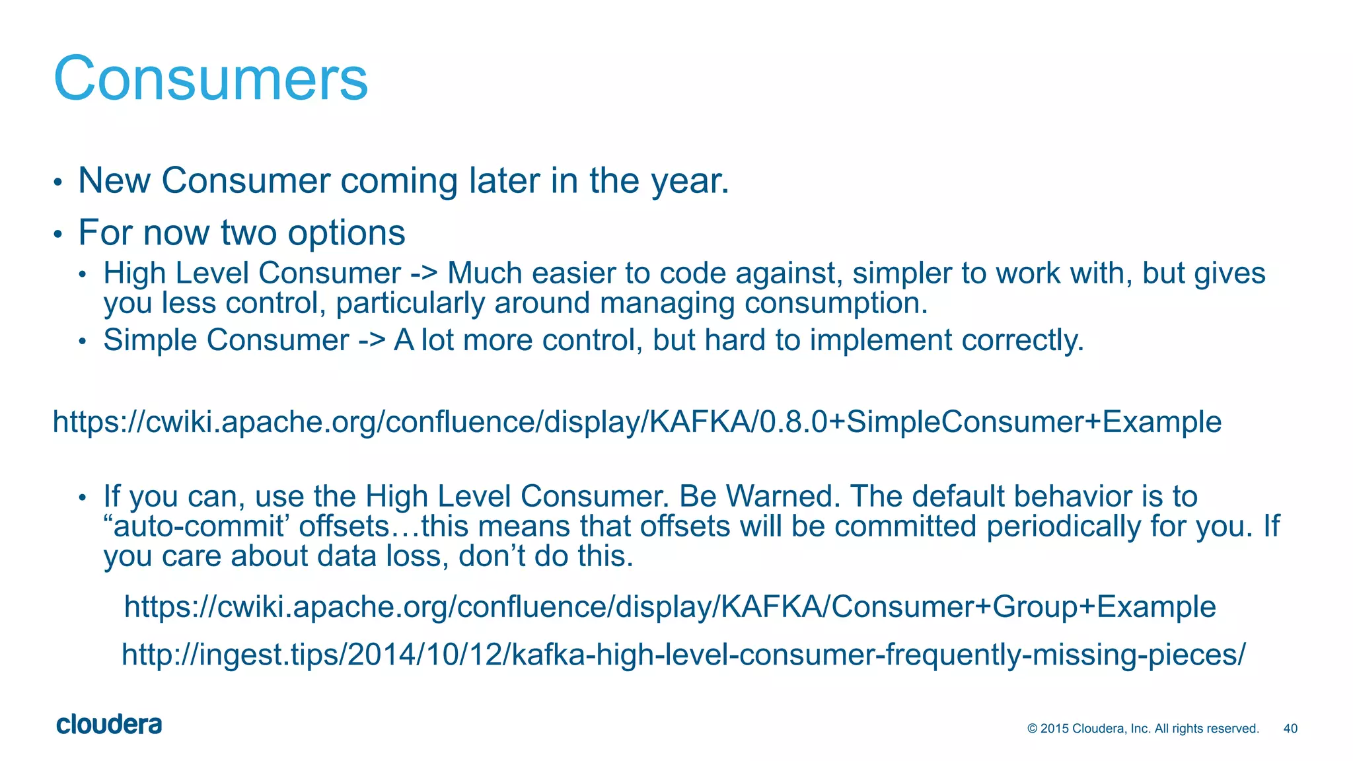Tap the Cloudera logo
click(109, 725)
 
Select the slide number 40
click(1290, 729)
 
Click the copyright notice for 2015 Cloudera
click(1143, 729)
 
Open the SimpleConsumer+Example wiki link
click(637, 422)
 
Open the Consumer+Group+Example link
click(669, 606)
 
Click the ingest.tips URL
click(683, 655)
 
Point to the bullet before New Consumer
click(58, 182)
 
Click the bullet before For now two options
click(58, 234)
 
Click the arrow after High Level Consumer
click(423, 273)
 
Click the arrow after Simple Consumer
click(371, 341)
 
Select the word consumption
click(836, 304)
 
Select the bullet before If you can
click(82, 498)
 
